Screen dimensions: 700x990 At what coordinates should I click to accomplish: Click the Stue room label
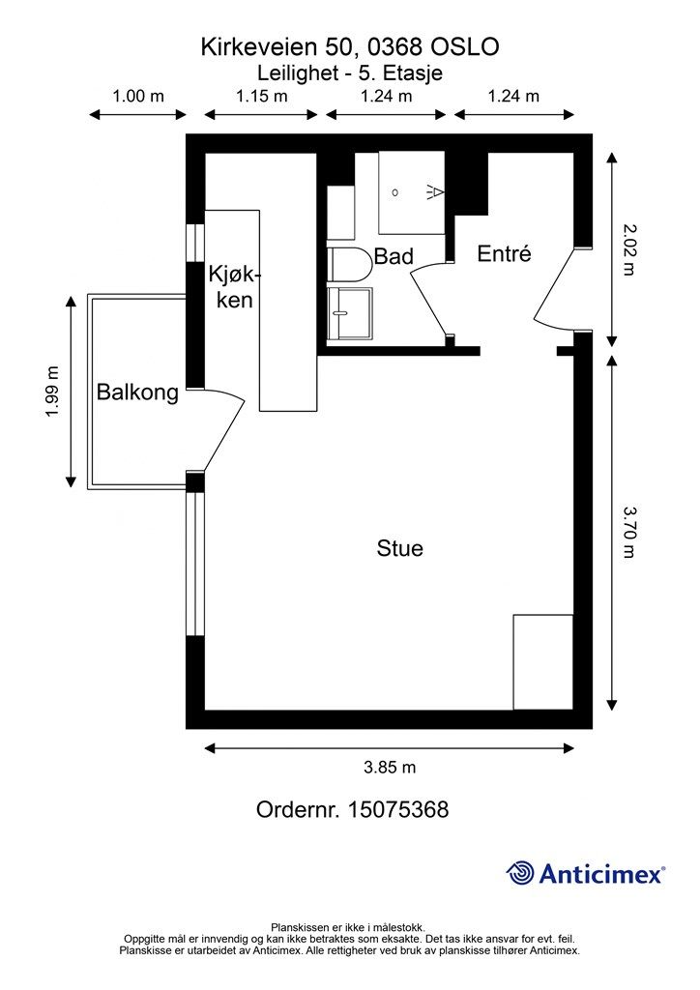click(x=399, y=548)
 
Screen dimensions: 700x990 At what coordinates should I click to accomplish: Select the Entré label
click(x=504, y=253)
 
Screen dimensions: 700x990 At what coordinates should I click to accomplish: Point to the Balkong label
click(x=137, y=393)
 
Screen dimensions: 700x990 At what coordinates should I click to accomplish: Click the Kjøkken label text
click(x=235, y=287)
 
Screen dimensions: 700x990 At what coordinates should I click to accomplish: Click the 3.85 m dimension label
click(x=390, y=767)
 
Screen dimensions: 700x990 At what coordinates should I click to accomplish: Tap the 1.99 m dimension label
click(x=52, y=392)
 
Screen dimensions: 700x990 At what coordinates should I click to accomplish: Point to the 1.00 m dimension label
click(x=137, y=96)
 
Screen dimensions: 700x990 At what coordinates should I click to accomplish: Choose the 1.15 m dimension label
click(x=261, y=96)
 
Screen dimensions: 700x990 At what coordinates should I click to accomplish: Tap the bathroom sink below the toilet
click(x=350, y=314)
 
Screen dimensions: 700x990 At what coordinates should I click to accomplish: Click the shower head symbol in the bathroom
click(x=435, y=191)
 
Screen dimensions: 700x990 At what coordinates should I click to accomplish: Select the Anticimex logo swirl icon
click(x=521, y=873)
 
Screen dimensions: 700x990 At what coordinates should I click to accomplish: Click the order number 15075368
click(x=397, y=809)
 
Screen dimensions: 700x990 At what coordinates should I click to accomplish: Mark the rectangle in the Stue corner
click(x=542, y=661)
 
